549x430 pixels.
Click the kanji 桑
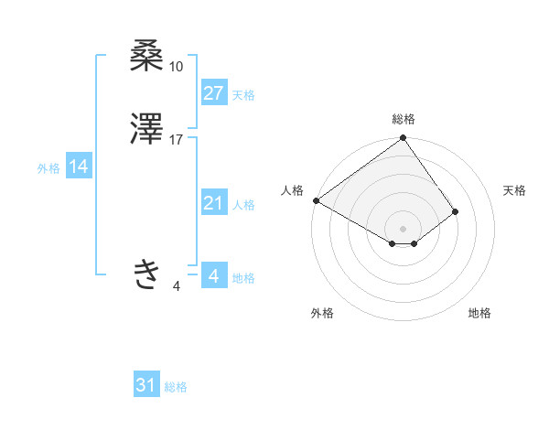tap(147, 57)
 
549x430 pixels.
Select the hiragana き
tap(147, 274)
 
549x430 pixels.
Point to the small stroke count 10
tap(177, 67)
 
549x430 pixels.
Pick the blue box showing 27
tap(213, 93)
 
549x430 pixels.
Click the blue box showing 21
tap(213, 203)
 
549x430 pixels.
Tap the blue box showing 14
tap(78, 167)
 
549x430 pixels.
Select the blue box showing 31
tap(146, 385)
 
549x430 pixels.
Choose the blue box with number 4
tap(213, 275)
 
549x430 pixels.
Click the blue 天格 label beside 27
tap(243, 95)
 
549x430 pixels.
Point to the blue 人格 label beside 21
tap(243, 205)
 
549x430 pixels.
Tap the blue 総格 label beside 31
tap(176, 387)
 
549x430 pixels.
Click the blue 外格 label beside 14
tap(48, 168)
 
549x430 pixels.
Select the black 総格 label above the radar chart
tap(403, 119)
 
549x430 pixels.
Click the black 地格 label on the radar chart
tap(479, 313)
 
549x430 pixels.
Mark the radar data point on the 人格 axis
tap(316, 200)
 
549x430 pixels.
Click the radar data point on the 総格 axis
tap(403, 139)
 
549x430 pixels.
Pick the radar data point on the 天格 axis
tap(455, 211)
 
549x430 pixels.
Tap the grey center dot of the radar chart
tap(403, 228)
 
